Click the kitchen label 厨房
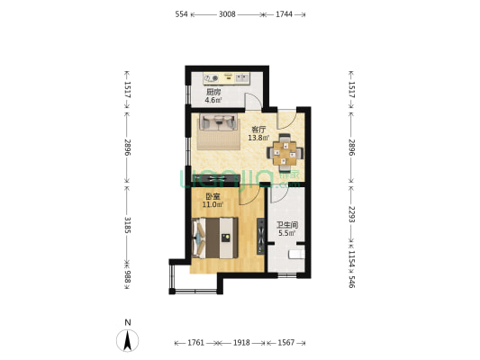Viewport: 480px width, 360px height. coord(213,92)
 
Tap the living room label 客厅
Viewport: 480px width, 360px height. coord(258,130)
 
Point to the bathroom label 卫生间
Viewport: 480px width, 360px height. coord(287,225)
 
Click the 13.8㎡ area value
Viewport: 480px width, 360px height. coord(258,138)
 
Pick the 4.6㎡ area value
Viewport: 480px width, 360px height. coord(213,100)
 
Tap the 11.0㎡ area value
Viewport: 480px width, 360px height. coord(213,204)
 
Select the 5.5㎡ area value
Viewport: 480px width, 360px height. coord(287,233)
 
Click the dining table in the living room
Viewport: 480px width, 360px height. coord(285,153)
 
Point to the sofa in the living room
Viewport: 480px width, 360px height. coord(218,122)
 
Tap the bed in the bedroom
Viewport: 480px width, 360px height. coord(215,238)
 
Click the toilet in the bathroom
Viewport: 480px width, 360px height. coord(297,254)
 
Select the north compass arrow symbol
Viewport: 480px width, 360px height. coord(127,340)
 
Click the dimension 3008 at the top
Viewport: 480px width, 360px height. coord(227,14)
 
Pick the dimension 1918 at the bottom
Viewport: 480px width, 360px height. coord(241,343)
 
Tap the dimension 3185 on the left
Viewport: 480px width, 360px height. coord(127,225)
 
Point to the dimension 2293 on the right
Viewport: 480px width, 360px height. coord(351,214)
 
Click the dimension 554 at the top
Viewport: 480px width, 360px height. coord(181,14)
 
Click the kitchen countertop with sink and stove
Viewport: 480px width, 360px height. coord(227,78)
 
